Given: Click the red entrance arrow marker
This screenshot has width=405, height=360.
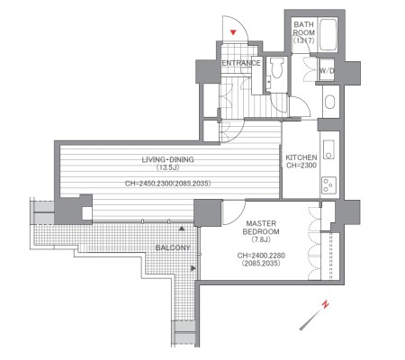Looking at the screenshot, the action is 233,32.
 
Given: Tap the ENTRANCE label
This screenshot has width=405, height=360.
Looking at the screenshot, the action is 241,63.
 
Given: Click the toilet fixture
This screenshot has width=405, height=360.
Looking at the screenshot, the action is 276,68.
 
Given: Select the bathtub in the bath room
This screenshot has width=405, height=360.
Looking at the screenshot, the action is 328,35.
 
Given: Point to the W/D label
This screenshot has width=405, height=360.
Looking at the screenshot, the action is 327,71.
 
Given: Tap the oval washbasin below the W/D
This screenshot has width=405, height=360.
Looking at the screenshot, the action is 329,102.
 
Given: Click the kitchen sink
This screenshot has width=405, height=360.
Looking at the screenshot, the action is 328,149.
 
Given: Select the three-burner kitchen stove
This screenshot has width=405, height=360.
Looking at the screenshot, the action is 328,184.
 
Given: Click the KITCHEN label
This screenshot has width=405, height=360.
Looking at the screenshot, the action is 301,157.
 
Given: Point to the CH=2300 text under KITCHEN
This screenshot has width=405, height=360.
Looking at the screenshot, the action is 301,166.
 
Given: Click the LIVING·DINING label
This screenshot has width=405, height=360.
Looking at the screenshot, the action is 167,159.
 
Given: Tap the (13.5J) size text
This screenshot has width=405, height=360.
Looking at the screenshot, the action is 167,167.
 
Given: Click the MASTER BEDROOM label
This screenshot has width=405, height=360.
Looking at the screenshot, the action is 261,228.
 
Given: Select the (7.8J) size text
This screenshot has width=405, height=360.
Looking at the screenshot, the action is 261,239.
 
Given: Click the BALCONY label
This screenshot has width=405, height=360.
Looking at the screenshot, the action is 173,247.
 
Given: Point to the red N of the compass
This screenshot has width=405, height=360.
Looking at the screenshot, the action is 325,304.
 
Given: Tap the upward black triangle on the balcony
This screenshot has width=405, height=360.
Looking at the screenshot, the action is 182,229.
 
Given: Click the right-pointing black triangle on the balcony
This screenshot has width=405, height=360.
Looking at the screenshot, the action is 193,268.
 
